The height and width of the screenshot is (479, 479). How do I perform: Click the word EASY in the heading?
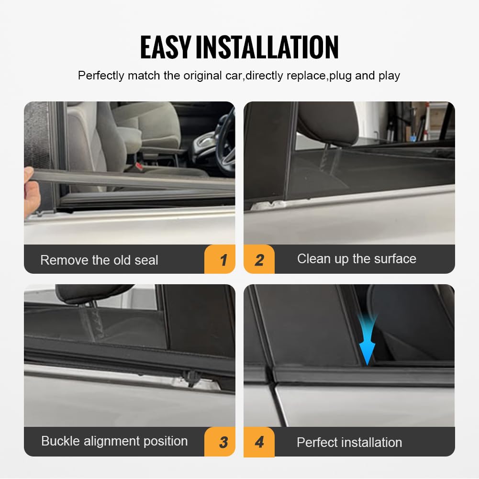(166, 47)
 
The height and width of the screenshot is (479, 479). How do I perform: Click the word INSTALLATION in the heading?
(267, 47)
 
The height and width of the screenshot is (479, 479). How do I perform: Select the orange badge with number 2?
(259, 260)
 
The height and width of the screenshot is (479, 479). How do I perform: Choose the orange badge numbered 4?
(259, 442)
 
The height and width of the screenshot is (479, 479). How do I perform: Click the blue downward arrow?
(367, 340)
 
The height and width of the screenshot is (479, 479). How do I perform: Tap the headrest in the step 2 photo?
(328, 122)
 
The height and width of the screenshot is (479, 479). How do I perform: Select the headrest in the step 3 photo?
(93, 293)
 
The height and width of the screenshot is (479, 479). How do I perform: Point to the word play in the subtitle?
(389, 76)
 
